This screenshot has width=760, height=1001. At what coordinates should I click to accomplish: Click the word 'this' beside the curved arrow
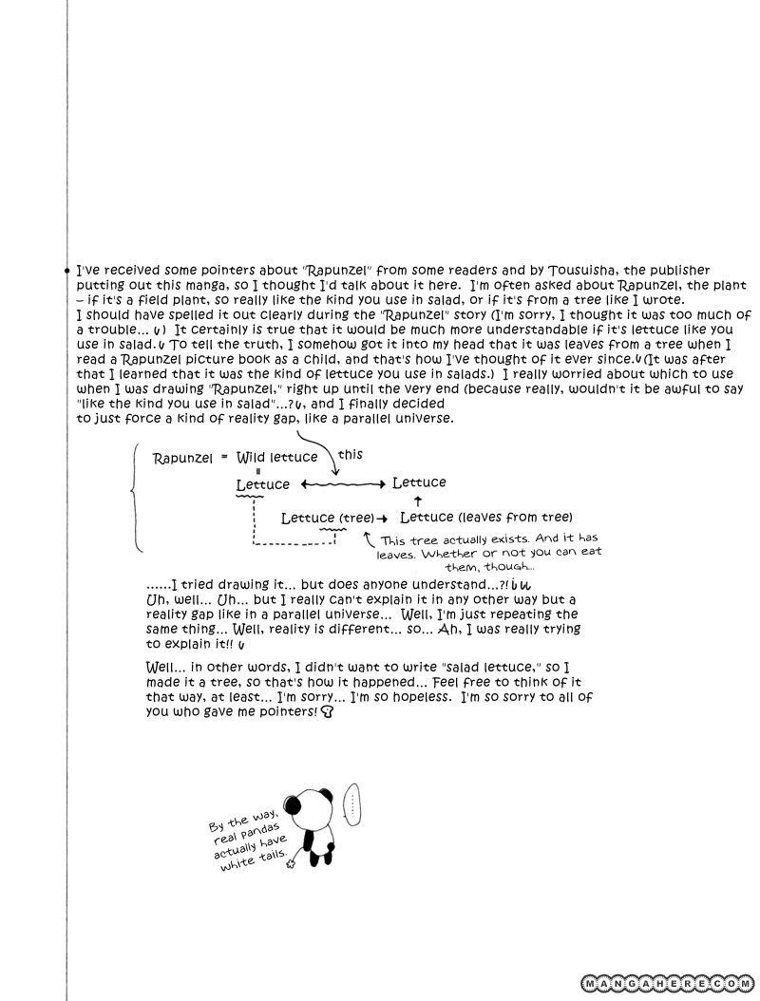click(350, 455)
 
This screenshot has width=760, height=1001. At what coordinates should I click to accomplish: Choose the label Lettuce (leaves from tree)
click(485, 517)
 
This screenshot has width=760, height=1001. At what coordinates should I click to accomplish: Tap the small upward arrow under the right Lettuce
click(418, 500)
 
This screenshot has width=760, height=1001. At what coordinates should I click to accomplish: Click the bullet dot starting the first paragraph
click(66, 272)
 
